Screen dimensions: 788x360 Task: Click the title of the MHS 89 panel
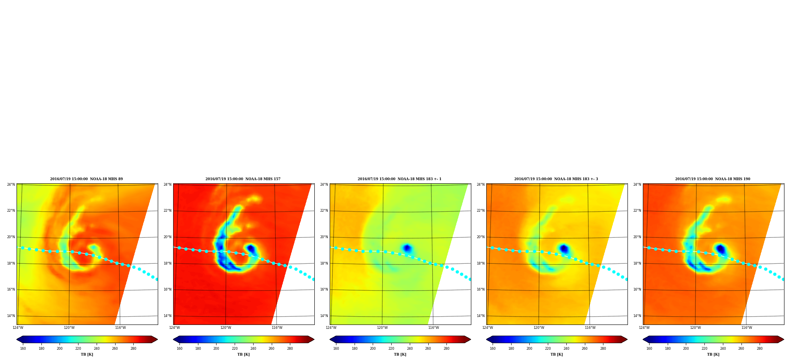tap(86, 179)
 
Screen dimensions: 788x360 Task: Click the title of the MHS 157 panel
tap(243, 179)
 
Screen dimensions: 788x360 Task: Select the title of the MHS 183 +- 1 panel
tap(400, 179)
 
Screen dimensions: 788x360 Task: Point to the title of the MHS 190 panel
tap(713, 179)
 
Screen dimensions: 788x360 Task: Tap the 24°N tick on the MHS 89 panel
tap(11, 185)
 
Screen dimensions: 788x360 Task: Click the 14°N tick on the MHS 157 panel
tap(168, 316)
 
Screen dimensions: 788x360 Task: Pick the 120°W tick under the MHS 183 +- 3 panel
tap(539, 328)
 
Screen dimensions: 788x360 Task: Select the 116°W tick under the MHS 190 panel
tap(747, 328)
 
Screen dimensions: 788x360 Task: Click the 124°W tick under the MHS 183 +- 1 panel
tap(331, 328)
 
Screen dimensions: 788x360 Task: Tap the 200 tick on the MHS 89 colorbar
tap(60, 349)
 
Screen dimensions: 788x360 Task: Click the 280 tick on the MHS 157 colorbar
tap(290, 349)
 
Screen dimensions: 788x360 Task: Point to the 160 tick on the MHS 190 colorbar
tap(649, 349)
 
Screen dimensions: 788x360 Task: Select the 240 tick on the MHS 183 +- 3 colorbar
tap(566, 349)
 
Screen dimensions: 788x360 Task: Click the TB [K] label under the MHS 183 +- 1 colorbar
tap(400, 354)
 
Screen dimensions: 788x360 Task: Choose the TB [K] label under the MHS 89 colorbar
tap(87, 354)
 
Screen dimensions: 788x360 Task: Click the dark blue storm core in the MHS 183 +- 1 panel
tap(407, 248)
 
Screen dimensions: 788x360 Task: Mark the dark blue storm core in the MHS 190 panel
tap(721, 249)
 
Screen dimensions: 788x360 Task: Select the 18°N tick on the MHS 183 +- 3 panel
tap(481, 263)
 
